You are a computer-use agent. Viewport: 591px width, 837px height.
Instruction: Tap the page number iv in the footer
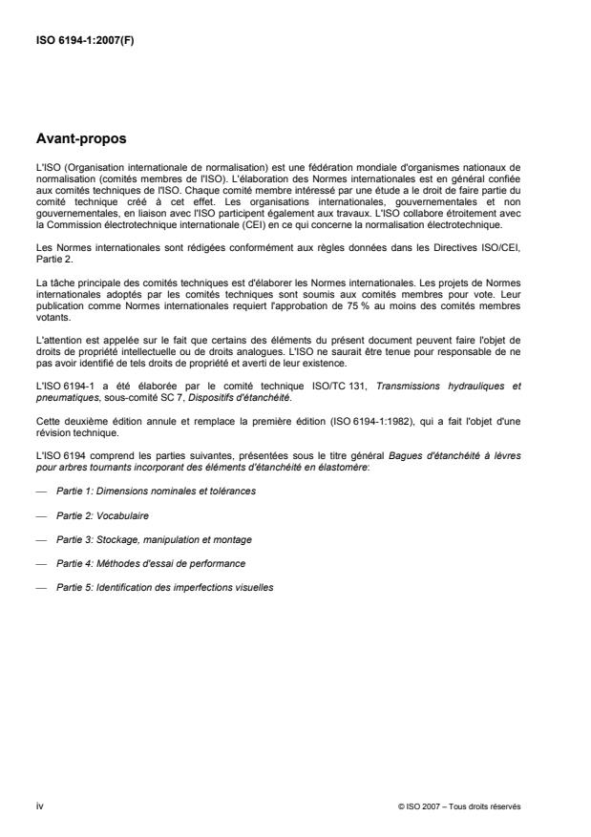39,806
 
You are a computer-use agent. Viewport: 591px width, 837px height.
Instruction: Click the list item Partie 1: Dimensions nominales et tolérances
156,491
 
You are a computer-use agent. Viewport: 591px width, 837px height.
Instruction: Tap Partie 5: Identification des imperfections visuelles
165,587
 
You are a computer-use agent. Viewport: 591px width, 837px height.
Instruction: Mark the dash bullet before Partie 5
39,587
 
